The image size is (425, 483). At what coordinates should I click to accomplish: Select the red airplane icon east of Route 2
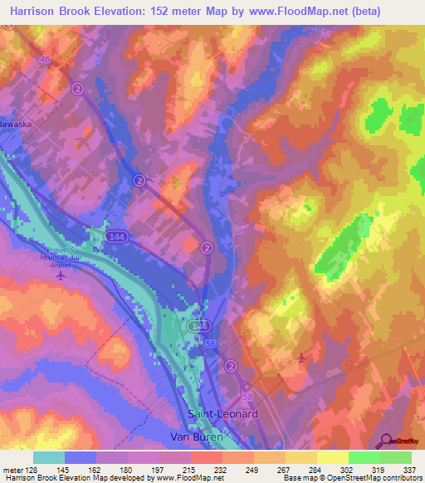pos(300,357)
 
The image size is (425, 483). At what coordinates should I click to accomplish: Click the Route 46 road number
pos(46,60)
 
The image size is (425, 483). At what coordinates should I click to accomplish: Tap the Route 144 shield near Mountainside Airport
pos(115,238)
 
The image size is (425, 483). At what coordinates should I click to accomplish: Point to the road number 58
pos(247,387)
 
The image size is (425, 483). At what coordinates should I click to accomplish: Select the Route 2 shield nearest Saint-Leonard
pos(230,365)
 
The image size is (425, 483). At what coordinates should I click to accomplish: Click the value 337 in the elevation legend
pos(410,470)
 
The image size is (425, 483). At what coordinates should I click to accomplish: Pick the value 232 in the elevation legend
pos(220,470)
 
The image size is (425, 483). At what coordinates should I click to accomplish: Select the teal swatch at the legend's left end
pos(49,457)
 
